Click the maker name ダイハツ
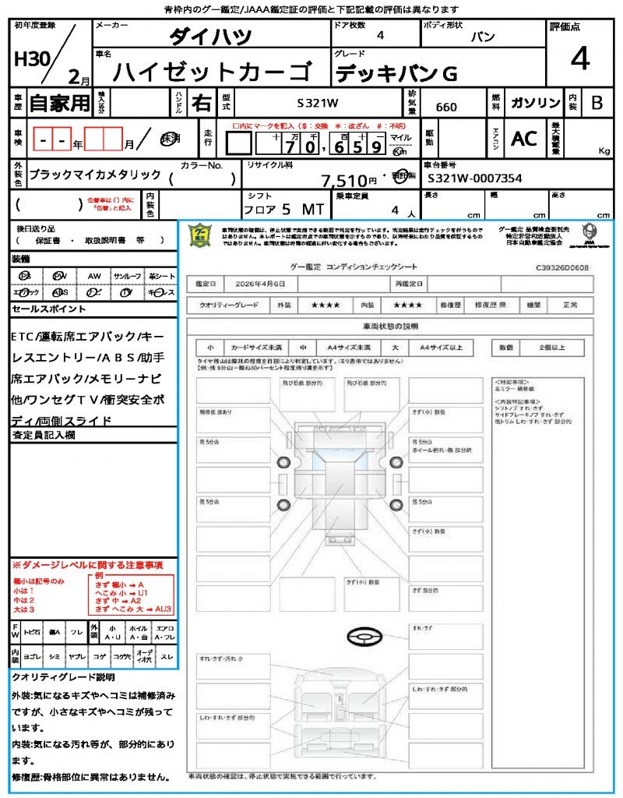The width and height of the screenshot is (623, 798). (211, 37)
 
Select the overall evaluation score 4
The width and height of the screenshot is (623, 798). (579, 58)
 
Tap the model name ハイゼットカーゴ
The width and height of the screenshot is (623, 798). (211, 72)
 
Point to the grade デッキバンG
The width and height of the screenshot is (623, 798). (396, 73)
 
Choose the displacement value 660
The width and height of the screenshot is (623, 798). (446, 107)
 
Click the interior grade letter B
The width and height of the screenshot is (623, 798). (597, 103)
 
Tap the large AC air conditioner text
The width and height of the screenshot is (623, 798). (524, 138)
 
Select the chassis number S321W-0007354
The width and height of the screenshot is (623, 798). (475, 179)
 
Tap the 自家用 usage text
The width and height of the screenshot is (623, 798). (59, 103)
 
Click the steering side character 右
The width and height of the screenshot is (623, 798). (201, 103)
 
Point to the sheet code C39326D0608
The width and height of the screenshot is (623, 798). (562, 267)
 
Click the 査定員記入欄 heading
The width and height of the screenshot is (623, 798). (44, 436)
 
